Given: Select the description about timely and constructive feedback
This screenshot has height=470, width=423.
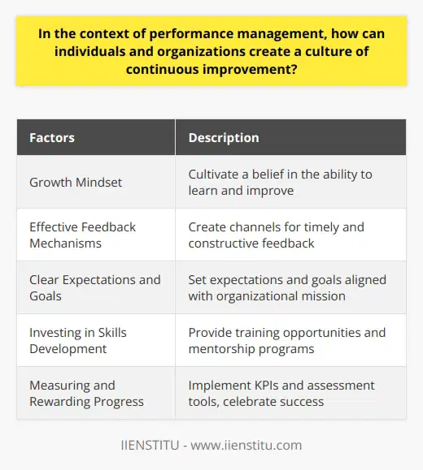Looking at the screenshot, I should pos(274,235).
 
